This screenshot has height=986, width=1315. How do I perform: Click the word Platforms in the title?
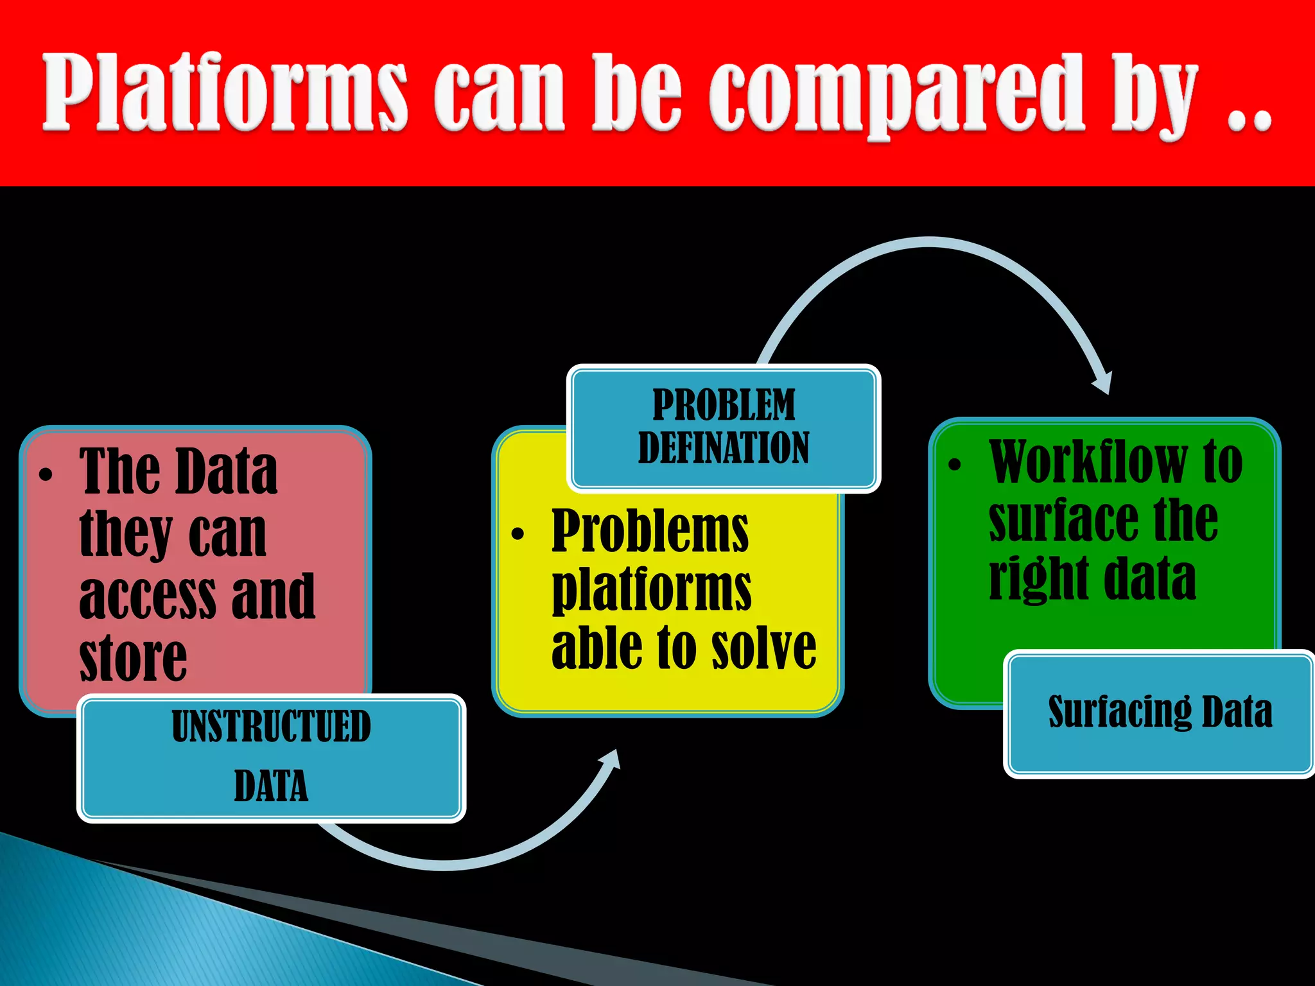pos(225,93)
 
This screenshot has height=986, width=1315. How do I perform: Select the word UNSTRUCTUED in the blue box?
pos(271,726)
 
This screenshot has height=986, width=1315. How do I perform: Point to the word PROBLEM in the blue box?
pos(724,404)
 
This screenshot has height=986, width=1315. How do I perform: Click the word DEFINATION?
pos(724,447)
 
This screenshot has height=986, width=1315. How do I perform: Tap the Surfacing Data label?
pos(1160,712)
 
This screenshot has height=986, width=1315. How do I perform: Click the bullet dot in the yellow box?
pos(518,534)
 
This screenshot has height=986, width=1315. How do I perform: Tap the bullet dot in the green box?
pos(955,465)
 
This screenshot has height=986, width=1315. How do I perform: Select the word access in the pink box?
pos(148,597)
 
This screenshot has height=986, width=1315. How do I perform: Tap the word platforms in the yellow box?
pos(651,589)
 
